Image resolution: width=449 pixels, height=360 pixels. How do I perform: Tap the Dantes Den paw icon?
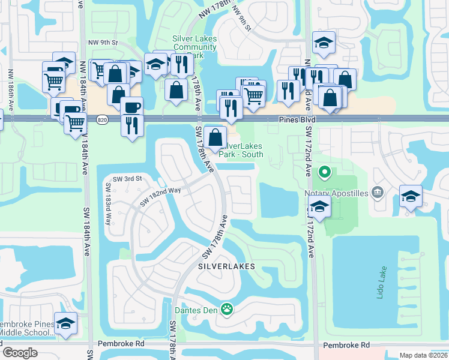(227, 310)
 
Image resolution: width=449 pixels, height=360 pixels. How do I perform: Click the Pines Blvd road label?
(296, 120)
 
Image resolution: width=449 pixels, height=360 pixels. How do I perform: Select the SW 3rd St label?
(126, 179)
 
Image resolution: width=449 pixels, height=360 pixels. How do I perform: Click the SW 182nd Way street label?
(160, 197)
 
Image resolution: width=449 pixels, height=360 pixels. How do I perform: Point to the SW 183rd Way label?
(109, 210)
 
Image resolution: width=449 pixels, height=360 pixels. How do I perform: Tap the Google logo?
(20, 353)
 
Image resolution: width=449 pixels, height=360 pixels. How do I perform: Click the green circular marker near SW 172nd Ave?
(325, 173)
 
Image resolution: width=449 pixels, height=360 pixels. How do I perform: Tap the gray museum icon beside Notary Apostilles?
(378, 192)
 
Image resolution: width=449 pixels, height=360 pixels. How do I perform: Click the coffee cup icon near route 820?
(131, 107)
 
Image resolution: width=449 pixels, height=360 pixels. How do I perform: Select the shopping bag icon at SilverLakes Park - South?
(215, 137)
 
